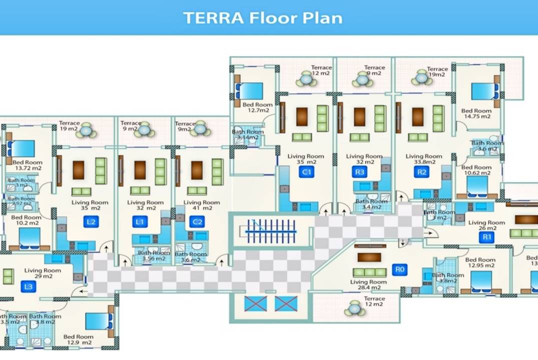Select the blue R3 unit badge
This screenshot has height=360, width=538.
pyautogui.click(x=360, y=172)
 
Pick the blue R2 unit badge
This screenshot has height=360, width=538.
pyautogui.click(x=422, y=172)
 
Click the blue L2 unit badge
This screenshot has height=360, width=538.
pyautogui.click(x=91, y=221)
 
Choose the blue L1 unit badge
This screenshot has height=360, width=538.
pyautogui.click(x=140, y=221)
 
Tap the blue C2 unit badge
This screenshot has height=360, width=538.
pyautogui.click(x=198, y=221)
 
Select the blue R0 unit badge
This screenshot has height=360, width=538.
pyautogui.click(x=399, y=270)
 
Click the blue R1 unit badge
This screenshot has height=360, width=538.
pyautogui.click(x=485, y=237)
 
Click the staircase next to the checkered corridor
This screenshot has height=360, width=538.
pyautogui.click(x=271, y=231)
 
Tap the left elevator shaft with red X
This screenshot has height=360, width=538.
pyautogui.click(x=255, y=303)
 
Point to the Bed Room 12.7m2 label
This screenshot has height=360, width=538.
pyautogui.click(x=257, y=107)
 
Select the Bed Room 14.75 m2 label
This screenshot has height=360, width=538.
pyautogui.click(x=476, y=113)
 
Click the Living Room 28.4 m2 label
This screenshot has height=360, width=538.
pyautogui.click(x=368, y=285)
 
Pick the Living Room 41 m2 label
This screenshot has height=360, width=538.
pyautogui.click(x=201, y=205)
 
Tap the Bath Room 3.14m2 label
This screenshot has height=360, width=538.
pyautogui.click(x=248, y=134)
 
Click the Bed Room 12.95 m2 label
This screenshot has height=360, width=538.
pyautogui.click(x=480, y=262)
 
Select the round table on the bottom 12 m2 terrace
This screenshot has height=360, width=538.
pyautogui.click(x=355, y=309)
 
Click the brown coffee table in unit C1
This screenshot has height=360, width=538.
pyautogui.click(x=302, y=117)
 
